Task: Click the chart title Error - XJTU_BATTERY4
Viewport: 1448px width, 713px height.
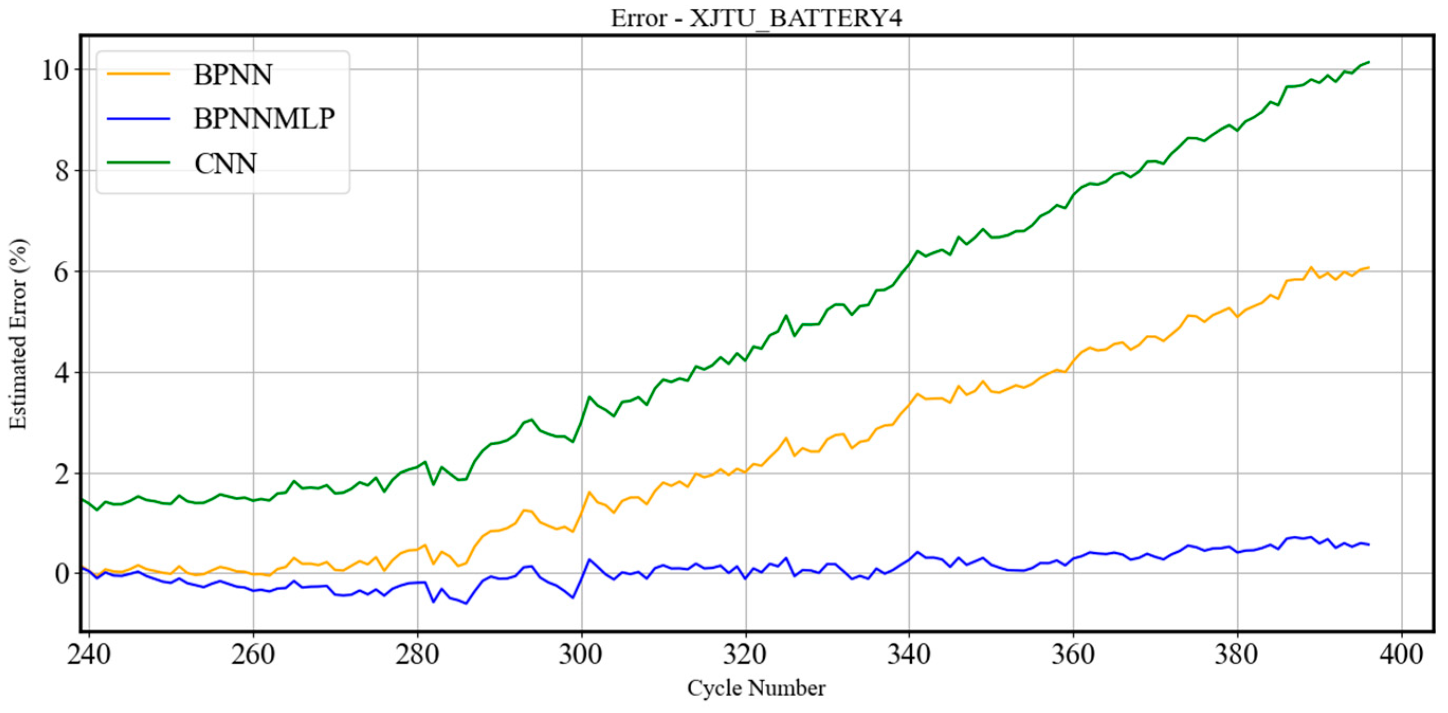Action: (x=756, y=19)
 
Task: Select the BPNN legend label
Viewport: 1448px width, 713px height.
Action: (x=233, y=75)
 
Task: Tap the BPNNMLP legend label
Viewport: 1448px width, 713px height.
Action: (x=264, y=118)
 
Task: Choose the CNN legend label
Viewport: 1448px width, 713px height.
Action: (x=225, y=163)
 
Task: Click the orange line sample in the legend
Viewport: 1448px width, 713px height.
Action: (x=138, y=74)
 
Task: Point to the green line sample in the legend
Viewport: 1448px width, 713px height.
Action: (x=138, y=162)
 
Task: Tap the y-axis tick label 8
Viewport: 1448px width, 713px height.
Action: (x=62, y=171)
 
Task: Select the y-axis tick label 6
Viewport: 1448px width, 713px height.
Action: (x=62, y=272)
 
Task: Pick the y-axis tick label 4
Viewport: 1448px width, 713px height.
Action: (x=62, y=373)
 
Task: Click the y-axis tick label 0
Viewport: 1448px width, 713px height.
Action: (x=62, y=574)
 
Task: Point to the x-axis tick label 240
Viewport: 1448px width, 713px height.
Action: (x=88, y=654)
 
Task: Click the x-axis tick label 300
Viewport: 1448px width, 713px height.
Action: (x=581, y=654)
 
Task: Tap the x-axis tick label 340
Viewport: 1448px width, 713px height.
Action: (x=909, y=654)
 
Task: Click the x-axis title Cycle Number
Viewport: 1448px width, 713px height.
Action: (x=756, y=688)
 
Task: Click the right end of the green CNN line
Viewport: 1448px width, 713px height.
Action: (x=1369, y=62)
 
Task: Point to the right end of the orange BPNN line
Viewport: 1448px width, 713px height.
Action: (x=1369, y=268)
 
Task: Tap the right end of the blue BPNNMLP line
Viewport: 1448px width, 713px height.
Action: (x=1369, y=544)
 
